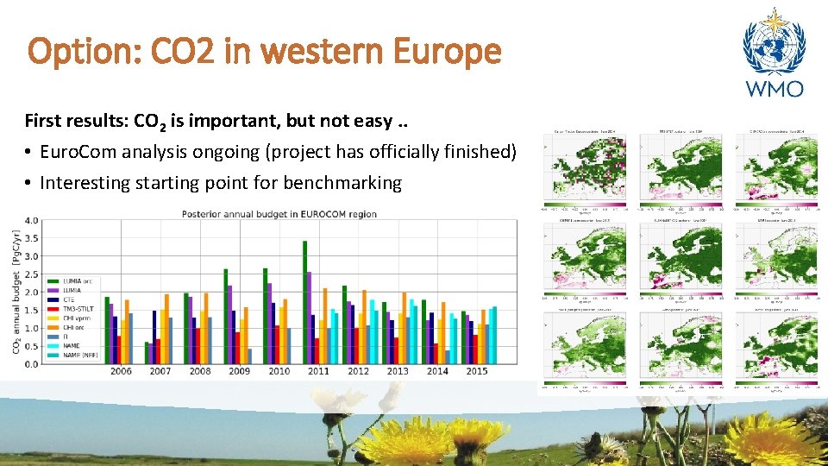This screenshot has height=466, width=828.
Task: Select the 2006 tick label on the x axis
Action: (122, 371)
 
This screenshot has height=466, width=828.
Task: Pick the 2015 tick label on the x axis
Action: (476, 371)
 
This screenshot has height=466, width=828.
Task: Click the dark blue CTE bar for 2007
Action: (154, 337)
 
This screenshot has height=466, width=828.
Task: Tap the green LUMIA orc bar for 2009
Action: (225, 316)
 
